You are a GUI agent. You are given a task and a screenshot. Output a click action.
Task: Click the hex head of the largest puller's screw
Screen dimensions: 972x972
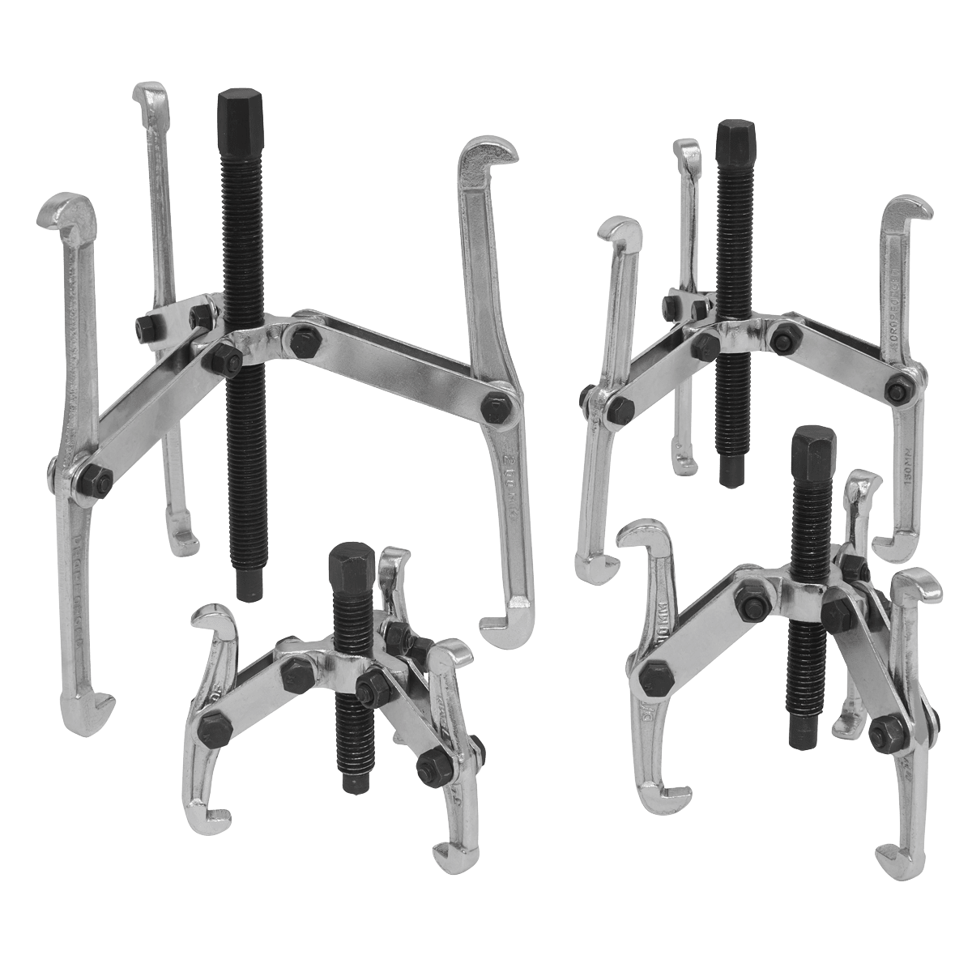pyautogui.click(x=235, y=113)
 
